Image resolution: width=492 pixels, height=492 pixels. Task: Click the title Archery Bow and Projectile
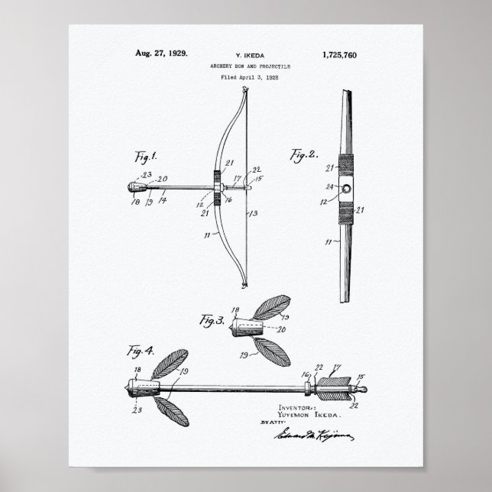(245, 67)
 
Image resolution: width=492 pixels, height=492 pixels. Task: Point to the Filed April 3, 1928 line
(245, 78)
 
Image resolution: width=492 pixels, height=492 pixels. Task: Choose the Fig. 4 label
(141, 352)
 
